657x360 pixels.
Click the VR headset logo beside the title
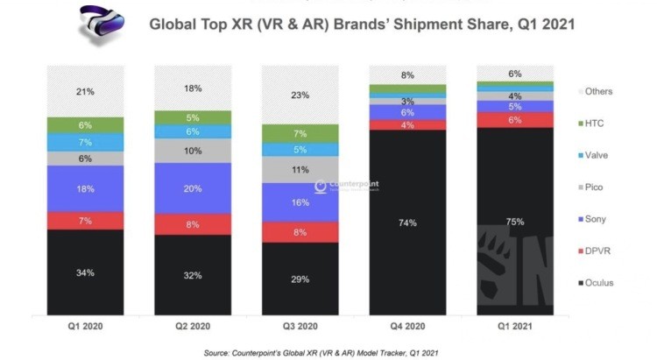tap(98, 25)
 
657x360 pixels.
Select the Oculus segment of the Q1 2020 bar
tap(85, 272)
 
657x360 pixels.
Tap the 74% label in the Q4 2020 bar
tap(406, 222)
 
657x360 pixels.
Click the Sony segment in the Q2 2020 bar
tap(193, 187)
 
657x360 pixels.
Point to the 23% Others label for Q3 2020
tap(300, 95)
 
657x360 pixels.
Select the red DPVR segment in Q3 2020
tap(300, 232)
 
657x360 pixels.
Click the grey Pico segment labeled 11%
tap(300, 170)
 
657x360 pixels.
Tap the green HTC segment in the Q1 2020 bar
tap(85, 124)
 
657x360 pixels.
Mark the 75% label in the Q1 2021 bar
tap(514, 222)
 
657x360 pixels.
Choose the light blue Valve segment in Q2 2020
tap(193, 131)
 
